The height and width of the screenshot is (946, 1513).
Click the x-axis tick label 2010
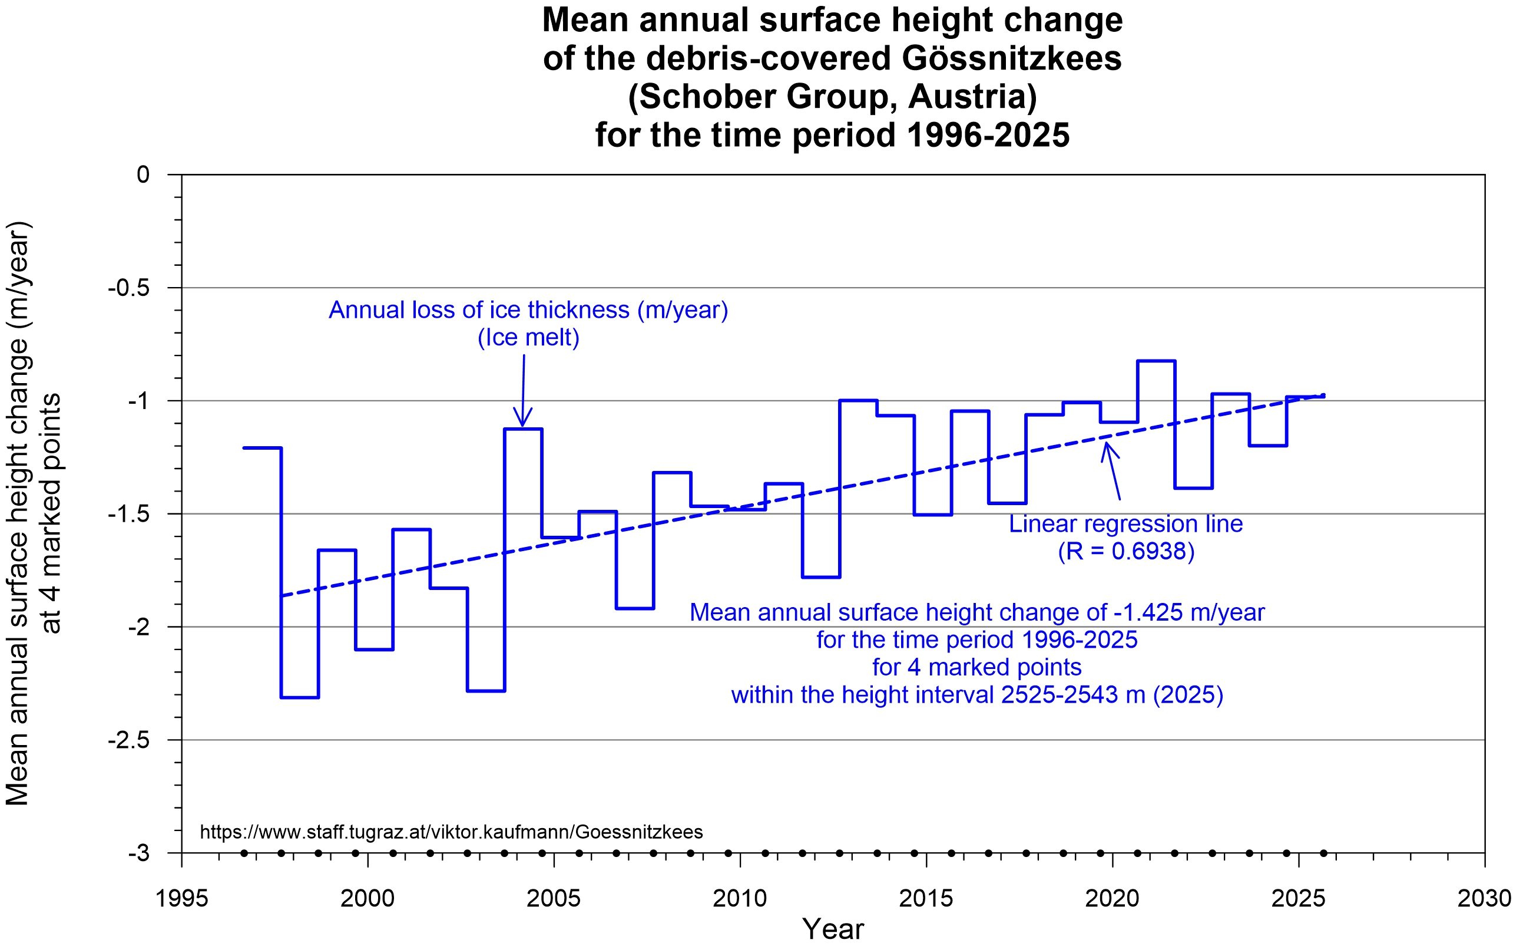pyautogui.click(x=740, y=899)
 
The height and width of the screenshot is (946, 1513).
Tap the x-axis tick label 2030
pyautogui.click(x=1484, y=899)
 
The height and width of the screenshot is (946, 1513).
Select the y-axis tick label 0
pyautogui.click(x=143, y=174)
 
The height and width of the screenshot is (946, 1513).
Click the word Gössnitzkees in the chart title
pyautogui.click(x=1012, y=58)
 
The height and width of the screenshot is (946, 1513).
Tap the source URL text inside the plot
pyautogui.click(x=451, y=832)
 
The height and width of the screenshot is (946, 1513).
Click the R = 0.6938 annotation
pyautogui.click(x=1126, y=551)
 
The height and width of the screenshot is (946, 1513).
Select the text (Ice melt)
pyautogui.click(x=528, y=338)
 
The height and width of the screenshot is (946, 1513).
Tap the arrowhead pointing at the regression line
pyautogui.click(x=1107, y=447)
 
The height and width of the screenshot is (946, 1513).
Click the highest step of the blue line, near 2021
pyautogui.click(x=1156, y=361)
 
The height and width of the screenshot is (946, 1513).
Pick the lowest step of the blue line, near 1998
pyautogui.click(x=300, y=697)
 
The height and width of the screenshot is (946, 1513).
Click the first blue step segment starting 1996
pyautogui.click(x=263, y=448)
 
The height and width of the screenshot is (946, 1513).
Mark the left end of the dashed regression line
pyautogui.click(x=283, y=596)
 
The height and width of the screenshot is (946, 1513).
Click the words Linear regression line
pyautogui.click(x=1125, y=525)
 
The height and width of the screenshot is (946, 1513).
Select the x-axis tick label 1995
pyautogui.click(x=181, y=899)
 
